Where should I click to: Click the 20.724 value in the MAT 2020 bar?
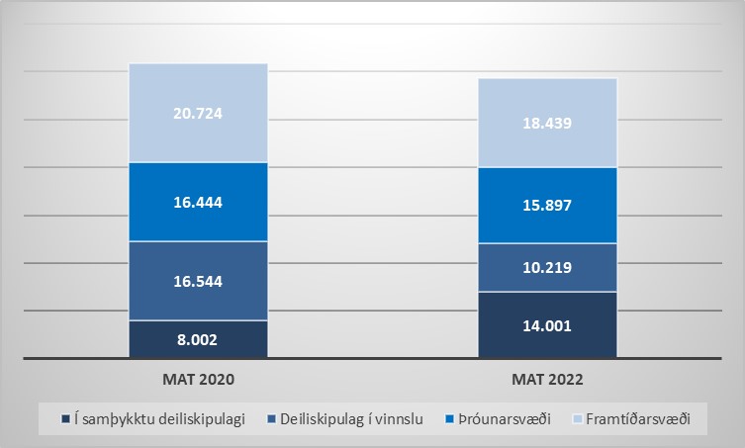(198, 113)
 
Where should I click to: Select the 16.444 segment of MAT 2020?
(198, 202)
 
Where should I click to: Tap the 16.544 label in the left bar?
(198, 281)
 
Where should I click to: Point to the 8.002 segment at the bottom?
(198, 339)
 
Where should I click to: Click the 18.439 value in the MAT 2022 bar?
(547, 123)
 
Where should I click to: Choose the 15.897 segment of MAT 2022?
(547, 206)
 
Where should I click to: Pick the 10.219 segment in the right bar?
(547, 267)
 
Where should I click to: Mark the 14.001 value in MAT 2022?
(547, 325)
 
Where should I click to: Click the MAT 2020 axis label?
(198, 379)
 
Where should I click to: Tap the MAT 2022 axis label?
(547, 379)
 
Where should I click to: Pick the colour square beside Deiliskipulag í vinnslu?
(273, 419)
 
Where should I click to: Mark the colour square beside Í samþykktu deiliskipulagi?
(65, 419)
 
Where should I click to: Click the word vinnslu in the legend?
(399, 419)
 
